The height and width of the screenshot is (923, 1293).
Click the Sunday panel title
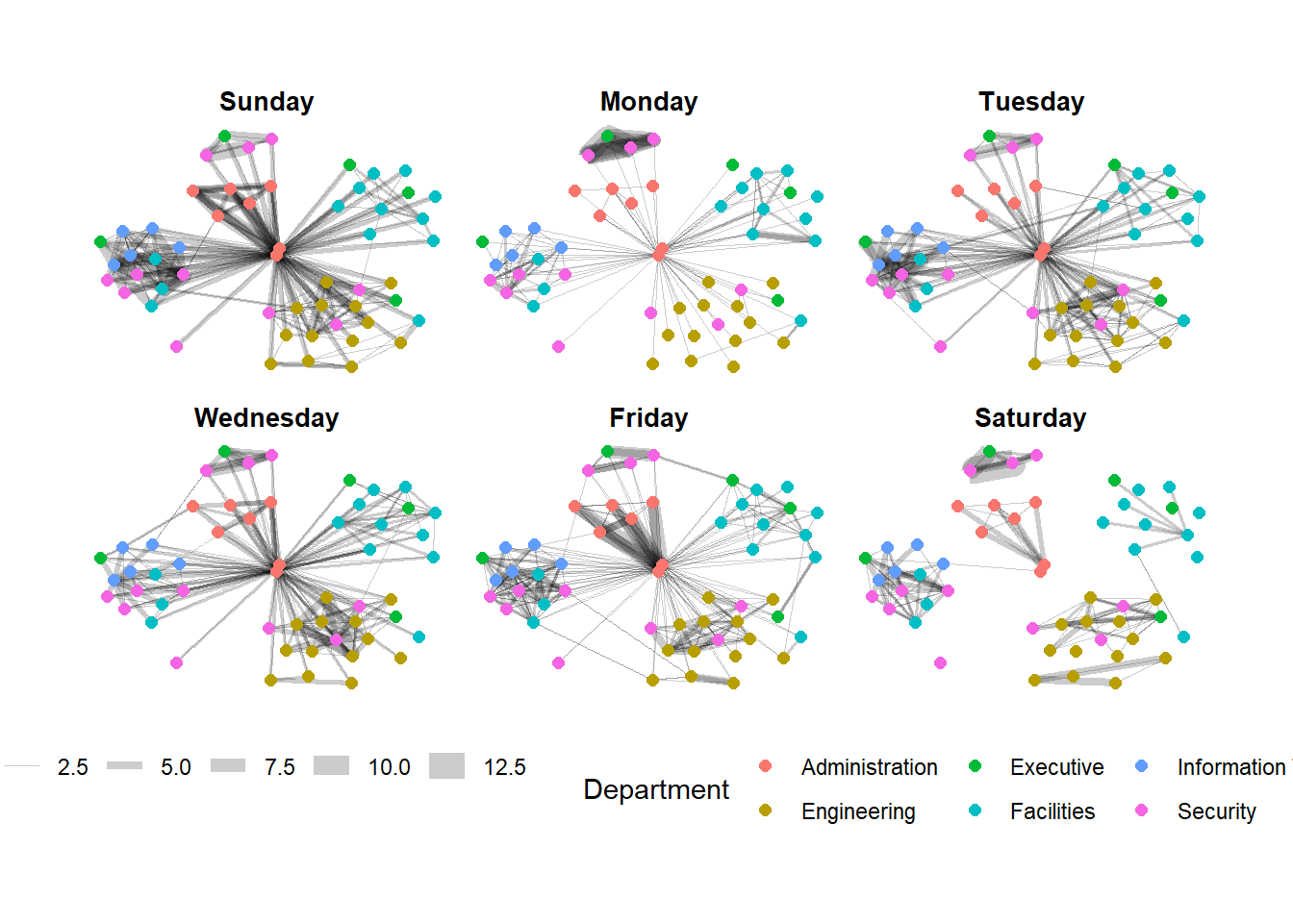tap(266, 102)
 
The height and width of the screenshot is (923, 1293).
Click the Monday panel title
tap(648, 102)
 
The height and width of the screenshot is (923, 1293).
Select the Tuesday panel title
tap(1031, 102)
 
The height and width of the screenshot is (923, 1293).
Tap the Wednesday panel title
tap(266, 418)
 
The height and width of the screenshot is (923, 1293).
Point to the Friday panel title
tap(648, 418)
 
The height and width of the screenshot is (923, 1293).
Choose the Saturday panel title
tap(1030, 418)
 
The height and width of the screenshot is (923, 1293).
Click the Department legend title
tap(656, 789)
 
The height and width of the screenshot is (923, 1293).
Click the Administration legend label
tap(869, 767)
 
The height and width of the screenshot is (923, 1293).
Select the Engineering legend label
tap(858, 811)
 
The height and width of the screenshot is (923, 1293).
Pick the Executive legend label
tap(1056, 767)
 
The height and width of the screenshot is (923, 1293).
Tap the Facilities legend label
tap(1052, 811)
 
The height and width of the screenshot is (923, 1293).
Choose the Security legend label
tap(1216, 811)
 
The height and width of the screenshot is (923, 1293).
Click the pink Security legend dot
tap(1142, 811)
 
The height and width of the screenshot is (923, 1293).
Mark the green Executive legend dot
tap(975, 766)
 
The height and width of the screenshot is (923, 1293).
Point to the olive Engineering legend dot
tap(765, 811)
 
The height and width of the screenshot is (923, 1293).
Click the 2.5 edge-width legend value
tap(72, 767)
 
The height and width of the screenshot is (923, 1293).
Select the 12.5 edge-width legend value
tap(504, 767)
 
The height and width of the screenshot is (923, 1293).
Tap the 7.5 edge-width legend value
tap(280, 767)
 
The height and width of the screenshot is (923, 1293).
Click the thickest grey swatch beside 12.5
tap(446, 766)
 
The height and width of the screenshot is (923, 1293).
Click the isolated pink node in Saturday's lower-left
tap(940, 662)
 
